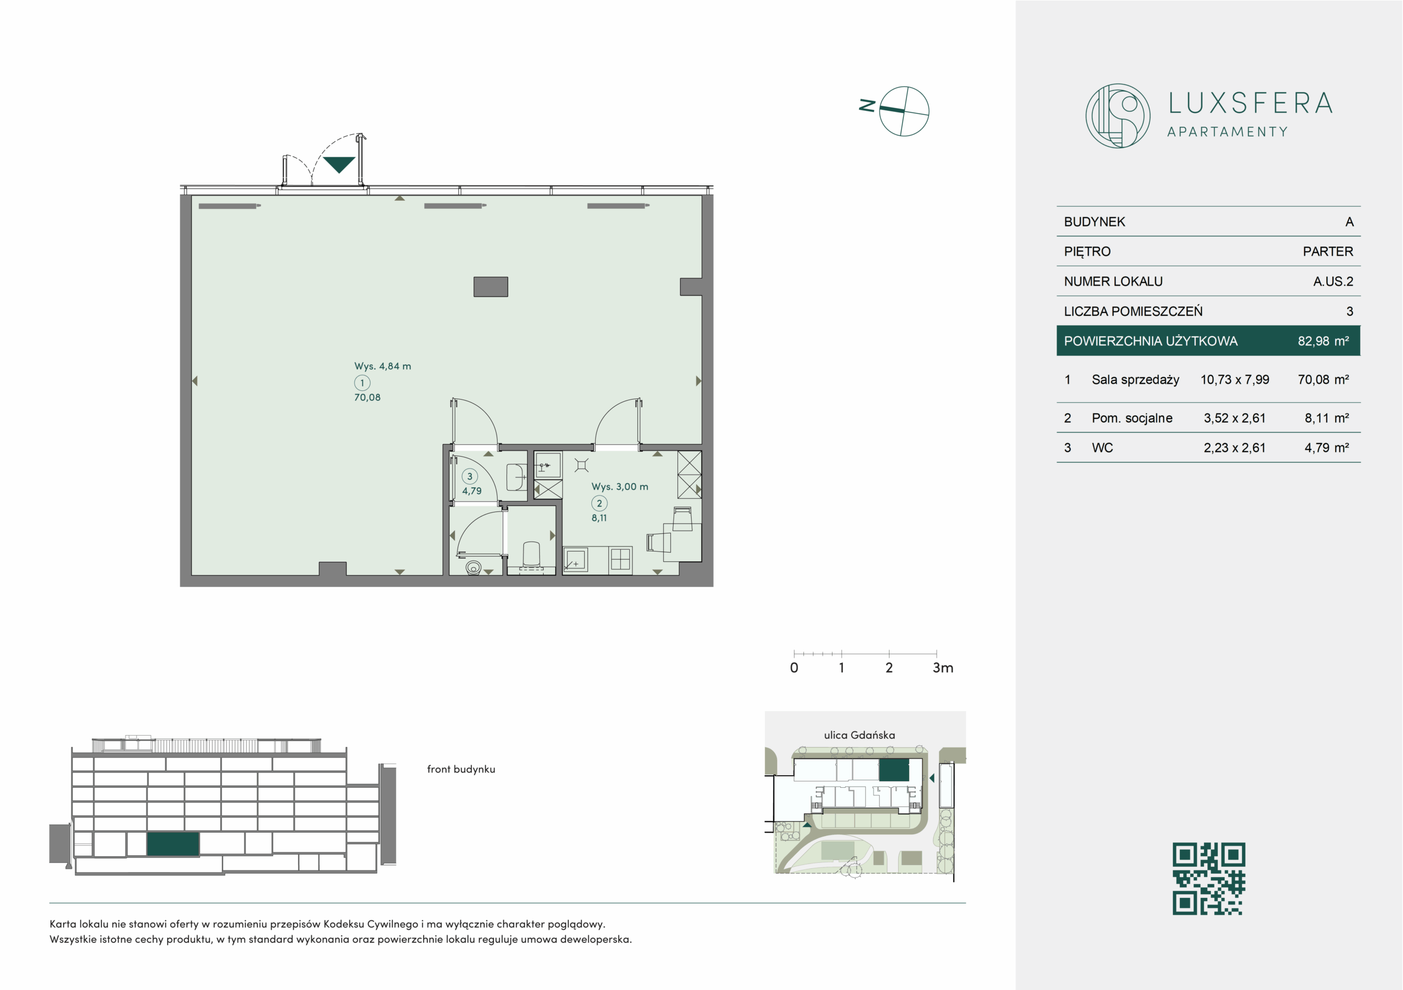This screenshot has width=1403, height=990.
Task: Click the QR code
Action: point(1208,879)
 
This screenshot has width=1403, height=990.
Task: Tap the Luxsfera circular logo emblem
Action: point(1117,116)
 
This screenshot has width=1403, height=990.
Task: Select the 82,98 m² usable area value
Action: point(1323,341)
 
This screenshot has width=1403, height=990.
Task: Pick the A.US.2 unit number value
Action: point(1333,281)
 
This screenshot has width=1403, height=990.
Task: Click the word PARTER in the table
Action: point(1328,251)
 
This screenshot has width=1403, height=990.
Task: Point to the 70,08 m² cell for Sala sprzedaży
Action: point(1323,379)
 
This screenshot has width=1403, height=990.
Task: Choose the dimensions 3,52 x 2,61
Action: point(1234,418)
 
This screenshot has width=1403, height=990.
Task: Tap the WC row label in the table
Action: point(1102,448)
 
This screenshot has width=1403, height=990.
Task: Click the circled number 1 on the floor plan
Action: point(362,383)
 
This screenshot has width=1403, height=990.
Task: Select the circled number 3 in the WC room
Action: point(469,476)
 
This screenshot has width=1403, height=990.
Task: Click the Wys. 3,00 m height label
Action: point(620,486)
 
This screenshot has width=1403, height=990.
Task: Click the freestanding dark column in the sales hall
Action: point(491,287)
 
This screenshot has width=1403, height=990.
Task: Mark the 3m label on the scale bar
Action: point(943,668)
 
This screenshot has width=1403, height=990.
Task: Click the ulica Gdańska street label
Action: point(859,735)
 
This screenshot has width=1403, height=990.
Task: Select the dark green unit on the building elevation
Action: point(173,844)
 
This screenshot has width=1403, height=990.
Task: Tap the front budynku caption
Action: point(461,770)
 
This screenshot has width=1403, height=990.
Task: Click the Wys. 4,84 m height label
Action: point(383,366)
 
